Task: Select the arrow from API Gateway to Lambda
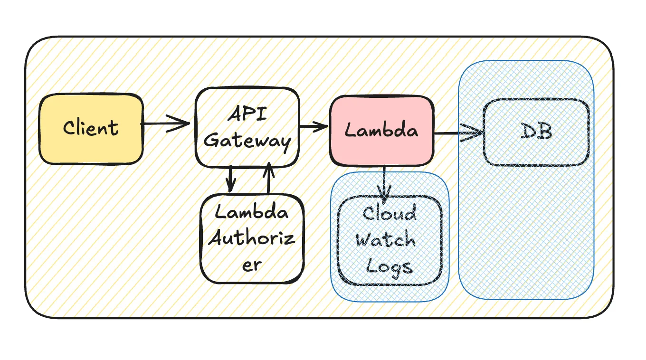click(x=313, y=126)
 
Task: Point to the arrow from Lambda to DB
click(x=458, y=133)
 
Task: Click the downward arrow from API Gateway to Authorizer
click(x=231, y=179)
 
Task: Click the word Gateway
click(x=248, y=141)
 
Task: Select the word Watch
click(x=386, y=240)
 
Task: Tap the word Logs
click(x=389, y=267)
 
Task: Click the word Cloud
click(x=390, y=213)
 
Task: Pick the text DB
click(x=536, y=131)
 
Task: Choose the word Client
click(x=91, y=128)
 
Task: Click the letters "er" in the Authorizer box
click(x=252, y=265)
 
